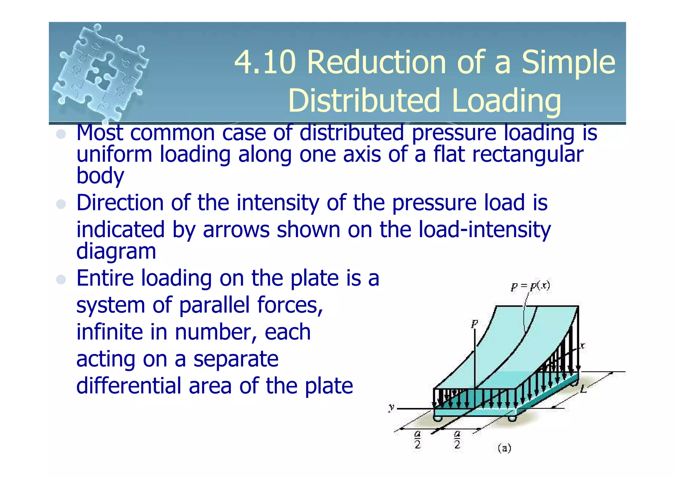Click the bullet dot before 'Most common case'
(x=61, y=134)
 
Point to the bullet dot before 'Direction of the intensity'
(x=61, y=204)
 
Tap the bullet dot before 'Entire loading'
(x=61, y=280)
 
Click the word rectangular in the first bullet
(x=527, y=155)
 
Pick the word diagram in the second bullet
(x=116, y=251)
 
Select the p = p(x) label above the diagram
(x=530, y=286)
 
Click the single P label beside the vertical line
(x=474, y=324)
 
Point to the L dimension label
(x=583, y=389)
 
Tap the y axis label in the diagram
(x=392, y=407)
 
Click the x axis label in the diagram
(x=582, y=345)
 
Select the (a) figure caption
(x=504, y=448)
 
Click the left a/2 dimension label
(x=418, y=439)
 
